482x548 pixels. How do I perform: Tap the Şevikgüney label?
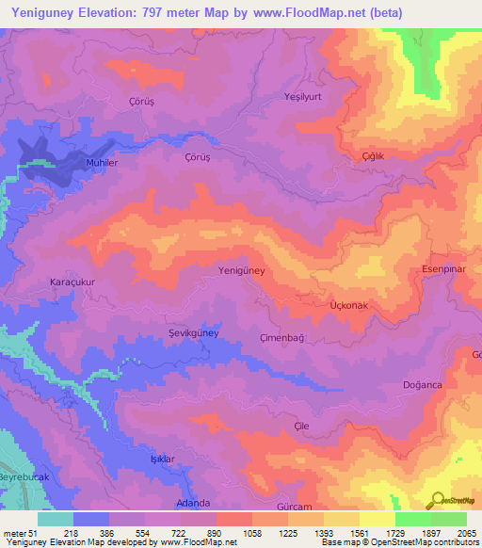[193, 333]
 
